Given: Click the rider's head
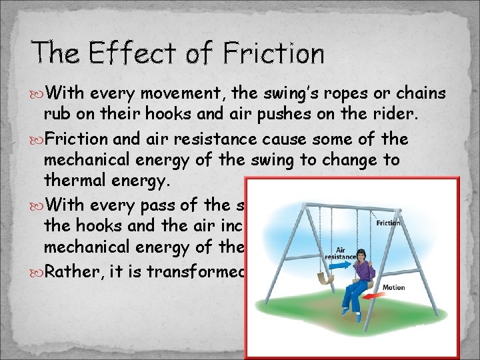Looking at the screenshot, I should (x=359, y=255).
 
